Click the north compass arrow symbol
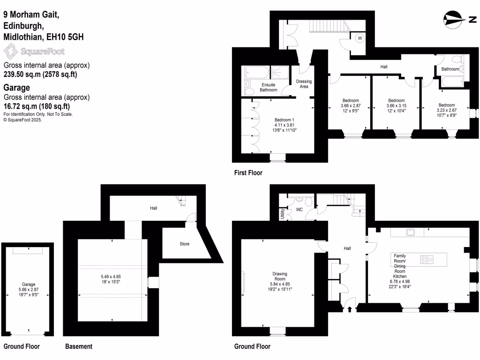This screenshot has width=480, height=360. coord(455,19)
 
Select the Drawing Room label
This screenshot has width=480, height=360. coord(280,274)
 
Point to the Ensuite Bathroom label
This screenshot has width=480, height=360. coord(269,87)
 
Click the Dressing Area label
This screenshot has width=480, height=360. coord(304,84)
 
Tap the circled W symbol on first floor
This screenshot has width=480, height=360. coord(360,38)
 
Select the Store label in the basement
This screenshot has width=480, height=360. coord(185,244)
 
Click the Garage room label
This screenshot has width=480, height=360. coord(29,284)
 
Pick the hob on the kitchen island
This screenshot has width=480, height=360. coord(427,259)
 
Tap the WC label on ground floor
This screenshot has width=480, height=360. coord(299,210)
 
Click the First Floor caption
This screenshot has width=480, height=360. coord(248,173)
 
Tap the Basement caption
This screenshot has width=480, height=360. coord(78,346)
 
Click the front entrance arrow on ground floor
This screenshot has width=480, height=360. coord(350,308)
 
